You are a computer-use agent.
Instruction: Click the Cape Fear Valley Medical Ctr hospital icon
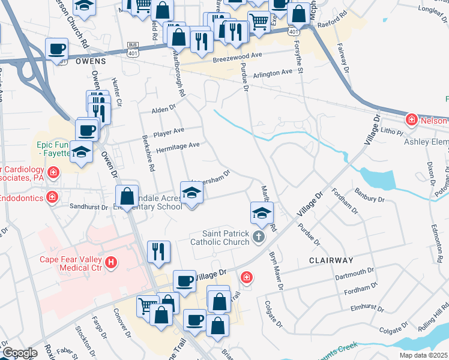pyautogui.click(x=111, y=262)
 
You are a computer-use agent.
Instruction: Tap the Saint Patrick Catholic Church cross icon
pyautogui.click(x=259, y=236)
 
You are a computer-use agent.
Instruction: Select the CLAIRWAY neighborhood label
pyautogui.click(x=331, y=260)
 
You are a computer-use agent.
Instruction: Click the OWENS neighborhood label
pyautogui.click(x=91, y=61)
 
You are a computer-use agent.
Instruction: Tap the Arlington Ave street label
pyautogui.click(x=273, y=73)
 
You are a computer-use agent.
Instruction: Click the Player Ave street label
pyautogui.click(x=169, y=131)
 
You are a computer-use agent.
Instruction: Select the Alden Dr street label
pyautogui.click(x=163, y=109)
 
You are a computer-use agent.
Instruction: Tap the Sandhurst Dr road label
pyautogui.click(x=88, y=207)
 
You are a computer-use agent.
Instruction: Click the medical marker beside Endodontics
pyautogui.click(x=52, y=197)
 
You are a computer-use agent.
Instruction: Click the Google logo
pyautogui.click(x=19, y=353)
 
